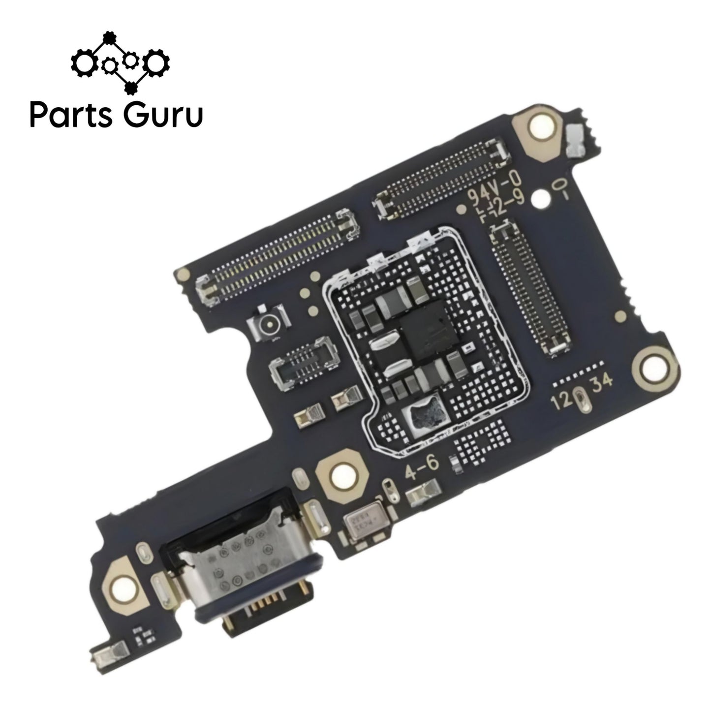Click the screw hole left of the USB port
[121, 587]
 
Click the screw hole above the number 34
[655, 365]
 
